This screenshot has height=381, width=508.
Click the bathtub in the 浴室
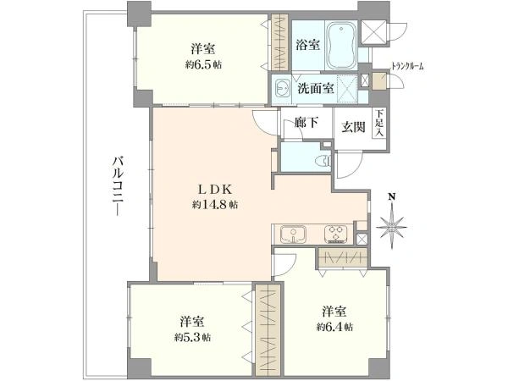pos(341,46)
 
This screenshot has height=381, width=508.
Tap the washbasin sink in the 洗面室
pos(283,88)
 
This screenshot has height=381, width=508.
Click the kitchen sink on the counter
pos(294,235)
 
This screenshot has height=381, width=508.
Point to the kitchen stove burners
pos(335,234)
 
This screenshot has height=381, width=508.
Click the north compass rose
pos(392,224)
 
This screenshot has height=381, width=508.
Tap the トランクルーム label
pos(407,67)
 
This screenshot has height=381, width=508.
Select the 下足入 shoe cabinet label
pos(379,123)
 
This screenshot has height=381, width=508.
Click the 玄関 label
pos(353,127)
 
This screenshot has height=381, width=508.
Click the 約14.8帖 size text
pos(215,205)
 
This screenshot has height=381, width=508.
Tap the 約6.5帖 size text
pos(203,64)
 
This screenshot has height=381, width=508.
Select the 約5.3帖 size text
pos(192,338)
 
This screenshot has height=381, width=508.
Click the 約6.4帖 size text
pos(334,327)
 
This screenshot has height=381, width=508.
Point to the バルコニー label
pos(119,186)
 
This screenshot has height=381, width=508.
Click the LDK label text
pos(215,190)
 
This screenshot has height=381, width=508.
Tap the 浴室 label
pos(308,45)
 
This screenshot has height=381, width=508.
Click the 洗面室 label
pos(316,88)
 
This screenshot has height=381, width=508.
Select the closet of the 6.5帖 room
pos(279,41)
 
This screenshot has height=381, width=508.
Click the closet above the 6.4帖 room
pos(342,257)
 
